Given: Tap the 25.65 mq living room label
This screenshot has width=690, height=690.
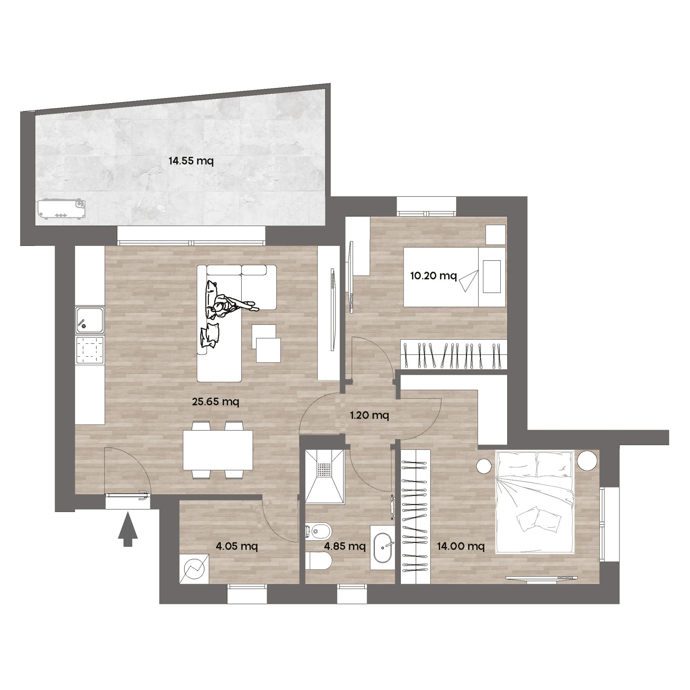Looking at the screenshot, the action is (x=215, y=402).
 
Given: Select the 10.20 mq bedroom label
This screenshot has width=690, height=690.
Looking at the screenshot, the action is (x=433, y=276).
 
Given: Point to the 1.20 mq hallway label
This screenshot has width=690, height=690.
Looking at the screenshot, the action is (x=369, y=415).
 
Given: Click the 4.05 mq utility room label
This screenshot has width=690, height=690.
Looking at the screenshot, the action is (x=237, y=546).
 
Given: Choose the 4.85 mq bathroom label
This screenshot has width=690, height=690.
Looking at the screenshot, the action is (x=345, y=546).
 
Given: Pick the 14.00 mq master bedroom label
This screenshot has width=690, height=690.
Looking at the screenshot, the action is (x=461, y=546).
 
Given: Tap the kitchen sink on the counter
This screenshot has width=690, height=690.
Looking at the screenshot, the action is (x=90, y=320).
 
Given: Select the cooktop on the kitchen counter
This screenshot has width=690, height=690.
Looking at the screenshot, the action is (x=90, y=350).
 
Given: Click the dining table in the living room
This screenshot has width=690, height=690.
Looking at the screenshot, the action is (x=218, y=450).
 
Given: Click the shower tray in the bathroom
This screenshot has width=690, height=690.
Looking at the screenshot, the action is (x=325, y=476).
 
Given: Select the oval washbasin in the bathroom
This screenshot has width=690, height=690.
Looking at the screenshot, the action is (x=383, y=548).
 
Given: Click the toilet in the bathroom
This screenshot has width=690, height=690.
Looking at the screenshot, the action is (x=319, y=561).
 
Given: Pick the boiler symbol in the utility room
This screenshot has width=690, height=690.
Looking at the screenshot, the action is (x=194, y=569).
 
